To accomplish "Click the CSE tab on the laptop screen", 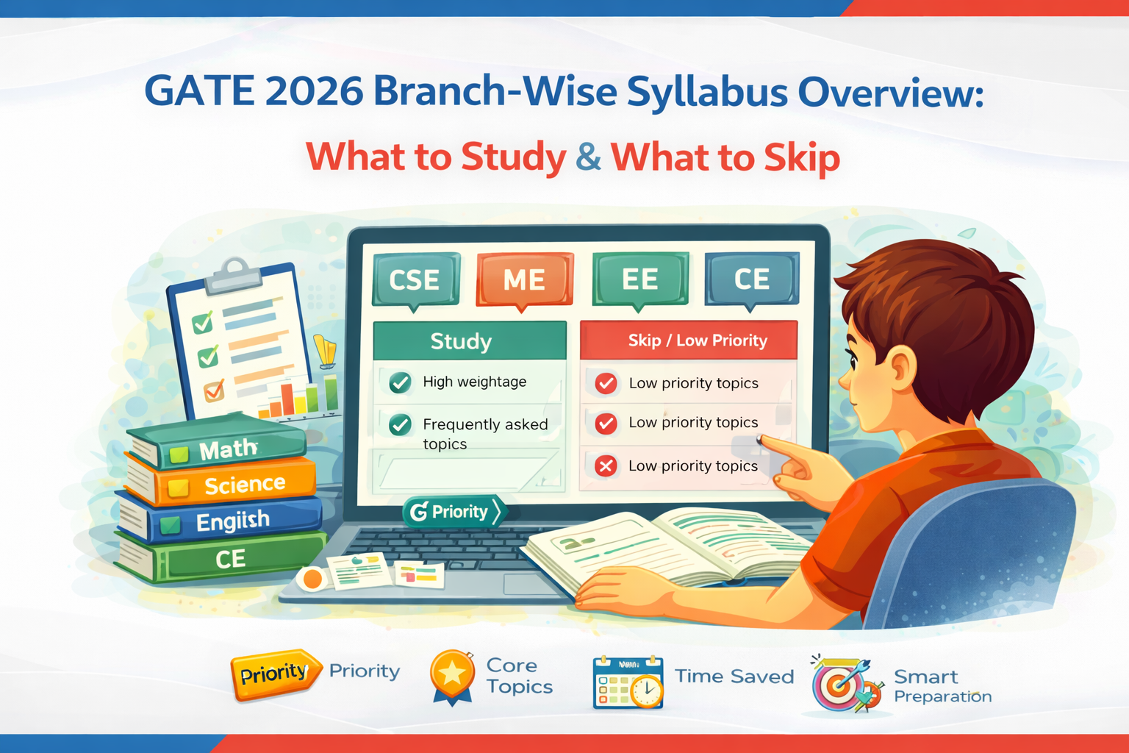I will coord(415,279).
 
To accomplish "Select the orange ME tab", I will coord(524,279).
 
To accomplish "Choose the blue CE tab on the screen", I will coord(751,279).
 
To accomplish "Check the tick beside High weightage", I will coord(400,382).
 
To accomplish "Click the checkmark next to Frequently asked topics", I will coord(400,425).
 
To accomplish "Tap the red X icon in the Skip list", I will coord(606,466).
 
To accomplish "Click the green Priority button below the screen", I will coord(454,512).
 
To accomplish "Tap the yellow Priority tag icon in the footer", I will coord(275,673).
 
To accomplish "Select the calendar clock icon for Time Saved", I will coord(628,682).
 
